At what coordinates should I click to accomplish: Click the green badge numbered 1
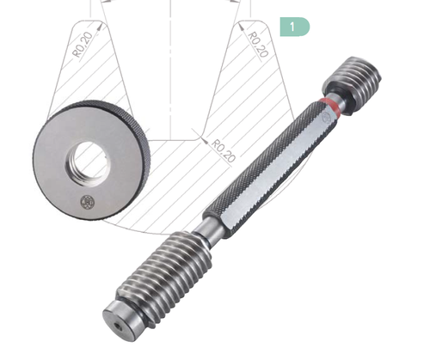point(295,27)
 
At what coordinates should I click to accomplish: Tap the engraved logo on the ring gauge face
point(87,203)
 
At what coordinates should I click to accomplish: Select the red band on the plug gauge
point(329,107)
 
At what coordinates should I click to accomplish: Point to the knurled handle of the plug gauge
point(269,170)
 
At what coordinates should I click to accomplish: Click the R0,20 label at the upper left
point(83,45)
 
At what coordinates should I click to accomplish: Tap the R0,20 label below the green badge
point(258,44)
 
